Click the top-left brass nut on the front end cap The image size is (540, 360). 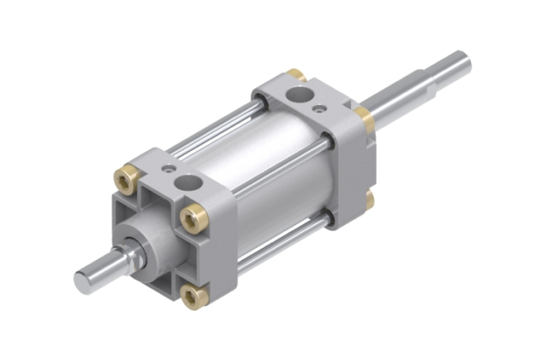click(x=129, y=180)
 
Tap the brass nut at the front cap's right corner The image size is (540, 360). click(x=194, y=216)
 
